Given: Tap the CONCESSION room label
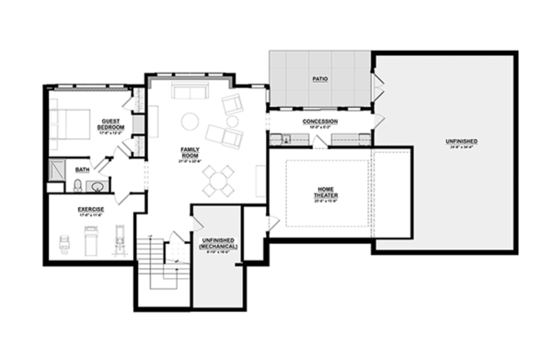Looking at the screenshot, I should tap(319, 122).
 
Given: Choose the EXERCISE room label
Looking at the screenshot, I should tap(90, 210).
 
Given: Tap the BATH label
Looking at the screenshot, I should tap(83, 169).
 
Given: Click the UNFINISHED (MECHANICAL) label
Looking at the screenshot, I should tap(218, 243).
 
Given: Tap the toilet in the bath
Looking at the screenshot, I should tap(76, 187).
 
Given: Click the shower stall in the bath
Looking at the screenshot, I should tap(56, 168).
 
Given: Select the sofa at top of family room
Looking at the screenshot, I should tap(190, 92).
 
